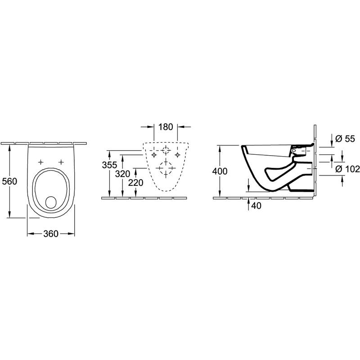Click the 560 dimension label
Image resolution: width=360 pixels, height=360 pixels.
[x=9, y=181]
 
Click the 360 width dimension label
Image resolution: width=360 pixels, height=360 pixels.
[x=51, y=234]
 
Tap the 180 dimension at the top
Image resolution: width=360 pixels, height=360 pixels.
[x=166, y=127]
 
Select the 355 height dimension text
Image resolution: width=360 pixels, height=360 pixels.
[x=109, y=165]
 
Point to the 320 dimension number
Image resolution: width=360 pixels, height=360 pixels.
[x=122, y=174]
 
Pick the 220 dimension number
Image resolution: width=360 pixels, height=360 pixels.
[x=136, y=183]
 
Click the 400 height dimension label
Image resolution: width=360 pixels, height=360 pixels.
[x=220, y=171]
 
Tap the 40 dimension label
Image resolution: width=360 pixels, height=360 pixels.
[x=256, y=206]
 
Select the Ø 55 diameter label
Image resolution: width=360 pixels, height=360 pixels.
[x=345, y=139]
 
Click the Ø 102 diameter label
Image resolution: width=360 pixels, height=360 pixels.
[x=347, y=169]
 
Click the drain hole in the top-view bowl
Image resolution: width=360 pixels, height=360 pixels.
[x=51, y=202]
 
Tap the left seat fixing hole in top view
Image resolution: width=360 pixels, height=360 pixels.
[x=40, y=162]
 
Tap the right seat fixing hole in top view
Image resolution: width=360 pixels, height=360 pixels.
[x=61, y=162]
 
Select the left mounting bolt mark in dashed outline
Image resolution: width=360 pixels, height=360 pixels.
[x=154, y=155]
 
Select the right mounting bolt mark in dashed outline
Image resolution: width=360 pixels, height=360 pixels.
[x=177, y=155]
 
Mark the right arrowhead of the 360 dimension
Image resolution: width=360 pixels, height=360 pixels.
[x=72, y=234]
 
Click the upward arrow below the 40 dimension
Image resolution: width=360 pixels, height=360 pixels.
[x=248, y=204]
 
